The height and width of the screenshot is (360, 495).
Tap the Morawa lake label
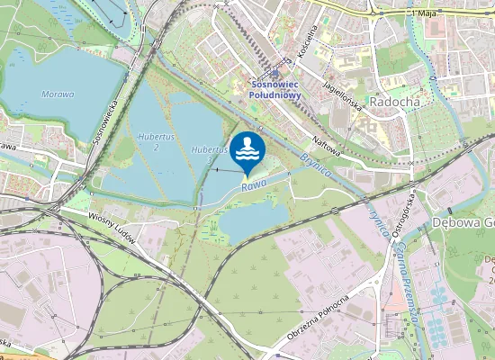57,93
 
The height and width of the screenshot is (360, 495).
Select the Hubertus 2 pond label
157,141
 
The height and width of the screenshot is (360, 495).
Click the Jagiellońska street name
342,92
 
